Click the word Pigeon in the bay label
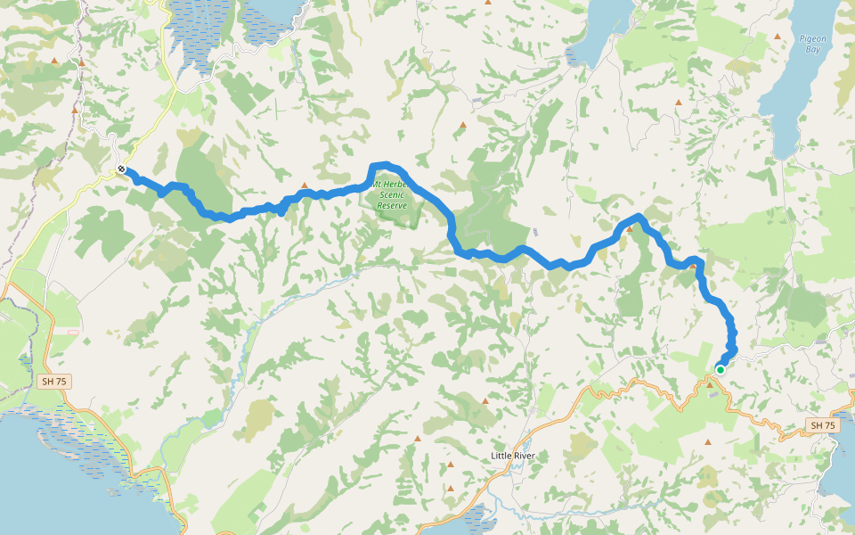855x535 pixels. coord(812,38)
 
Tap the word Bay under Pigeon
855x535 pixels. coord(812,50)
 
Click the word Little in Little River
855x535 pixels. coord(502,456)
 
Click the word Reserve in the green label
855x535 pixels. coord(392,205)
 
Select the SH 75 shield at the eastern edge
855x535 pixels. coord(823,425)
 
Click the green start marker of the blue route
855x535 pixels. coord(720,369)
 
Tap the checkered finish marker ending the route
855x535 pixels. coord(121,169)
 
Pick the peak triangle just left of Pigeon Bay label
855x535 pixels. coord(778,37)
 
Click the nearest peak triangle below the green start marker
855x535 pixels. coord(710,383)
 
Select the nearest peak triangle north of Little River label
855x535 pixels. coord(485,401)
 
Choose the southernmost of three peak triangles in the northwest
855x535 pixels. coord(75,110)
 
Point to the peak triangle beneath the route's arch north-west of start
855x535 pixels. coord(629,229)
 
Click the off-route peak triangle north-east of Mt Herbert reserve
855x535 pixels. coord(461,125)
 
